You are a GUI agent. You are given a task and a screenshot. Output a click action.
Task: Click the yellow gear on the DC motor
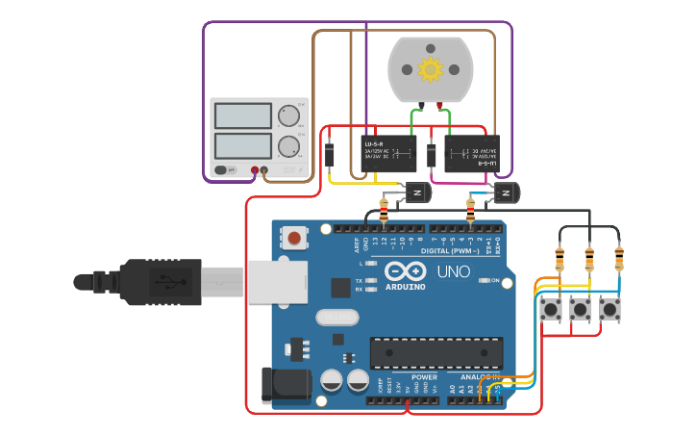click(x=430, y=68)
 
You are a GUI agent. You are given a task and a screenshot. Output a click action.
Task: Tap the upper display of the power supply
click(x=243, y=115)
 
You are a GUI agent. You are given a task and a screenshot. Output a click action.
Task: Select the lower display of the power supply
click(x=243, y=146)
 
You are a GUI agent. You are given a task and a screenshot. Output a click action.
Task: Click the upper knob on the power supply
click(x=287, y=116)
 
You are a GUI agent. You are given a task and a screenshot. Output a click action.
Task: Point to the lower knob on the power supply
click(x=287, y=146)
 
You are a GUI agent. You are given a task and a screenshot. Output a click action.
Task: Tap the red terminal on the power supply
click(x=256, y=171)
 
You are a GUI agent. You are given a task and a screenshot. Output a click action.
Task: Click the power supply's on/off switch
click(x=222, y=170)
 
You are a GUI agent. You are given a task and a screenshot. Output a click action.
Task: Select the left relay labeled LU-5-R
click(x=388, y=153)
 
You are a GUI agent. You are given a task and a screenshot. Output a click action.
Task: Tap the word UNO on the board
click(x=453, y=271)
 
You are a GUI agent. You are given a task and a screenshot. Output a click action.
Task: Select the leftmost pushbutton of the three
click(x=552, y=310)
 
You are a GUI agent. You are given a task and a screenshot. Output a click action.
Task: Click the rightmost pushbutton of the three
click(x=610, y=310)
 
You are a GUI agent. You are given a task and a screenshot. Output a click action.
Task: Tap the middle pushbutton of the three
click(x=581, y=310)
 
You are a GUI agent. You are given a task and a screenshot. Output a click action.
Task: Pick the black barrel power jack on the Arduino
click(x=286, y=384)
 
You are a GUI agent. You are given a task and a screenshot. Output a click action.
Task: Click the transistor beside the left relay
click(x=418, y=192)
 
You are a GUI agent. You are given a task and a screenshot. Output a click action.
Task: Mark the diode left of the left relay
click(x=330, y=154)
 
